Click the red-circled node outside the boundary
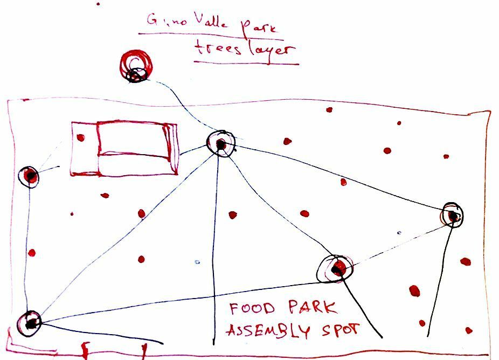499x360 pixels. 136,67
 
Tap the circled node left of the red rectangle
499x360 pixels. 30,176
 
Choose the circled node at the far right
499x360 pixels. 453,215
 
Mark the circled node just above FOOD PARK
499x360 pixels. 336,268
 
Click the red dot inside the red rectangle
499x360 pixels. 81,137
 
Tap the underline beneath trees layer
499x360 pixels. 246,63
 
